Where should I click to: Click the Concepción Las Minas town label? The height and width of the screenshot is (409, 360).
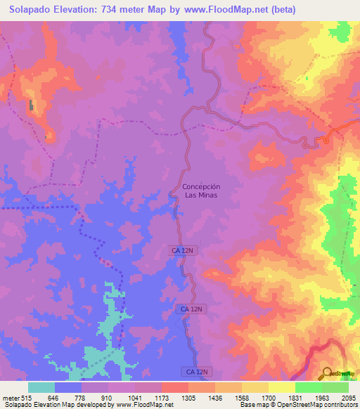201,190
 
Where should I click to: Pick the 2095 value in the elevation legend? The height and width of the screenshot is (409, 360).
349,397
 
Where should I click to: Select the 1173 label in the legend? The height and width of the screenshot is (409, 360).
162,397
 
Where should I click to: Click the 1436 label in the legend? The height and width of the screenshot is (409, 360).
215,397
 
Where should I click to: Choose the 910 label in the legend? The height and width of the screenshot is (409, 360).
108,397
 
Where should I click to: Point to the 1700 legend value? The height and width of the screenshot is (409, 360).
269,397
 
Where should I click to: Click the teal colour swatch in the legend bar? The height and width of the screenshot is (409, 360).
41,387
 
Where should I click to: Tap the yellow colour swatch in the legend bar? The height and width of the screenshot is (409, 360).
281,387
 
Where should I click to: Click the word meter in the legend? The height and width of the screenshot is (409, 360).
10,397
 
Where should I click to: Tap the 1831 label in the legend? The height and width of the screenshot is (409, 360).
295,397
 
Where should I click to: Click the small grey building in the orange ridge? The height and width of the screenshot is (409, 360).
31,105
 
